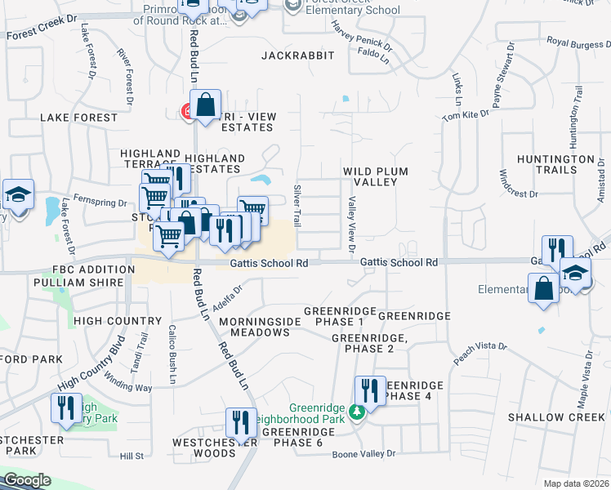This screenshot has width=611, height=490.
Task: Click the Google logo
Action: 27,480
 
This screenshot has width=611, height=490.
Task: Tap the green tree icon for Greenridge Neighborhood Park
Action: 356,412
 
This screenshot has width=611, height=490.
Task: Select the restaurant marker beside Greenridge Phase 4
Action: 370,391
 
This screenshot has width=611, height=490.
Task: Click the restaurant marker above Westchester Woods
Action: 241,422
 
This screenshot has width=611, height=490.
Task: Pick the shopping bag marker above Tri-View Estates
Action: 206,105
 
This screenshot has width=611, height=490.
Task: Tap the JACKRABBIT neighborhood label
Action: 298,56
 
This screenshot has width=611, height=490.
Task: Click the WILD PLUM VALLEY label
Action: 375,176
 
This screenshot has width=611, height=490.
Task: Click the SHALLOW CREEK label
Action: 556,417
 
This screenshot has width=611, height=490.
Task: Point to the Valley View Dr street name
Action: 352,219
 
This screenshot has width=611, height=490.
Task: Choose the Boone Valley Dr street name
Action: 363,453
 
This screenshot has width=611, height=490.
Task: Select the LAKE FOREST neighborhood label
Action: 79,118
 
